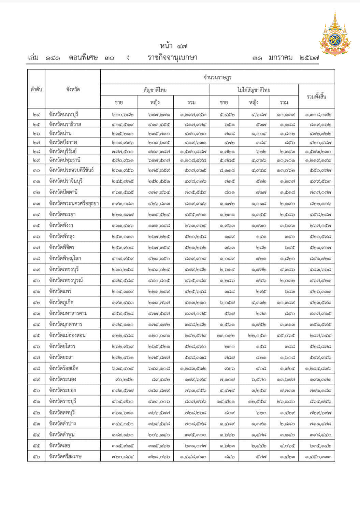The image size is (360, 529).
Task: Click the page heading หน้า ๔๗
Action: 173,46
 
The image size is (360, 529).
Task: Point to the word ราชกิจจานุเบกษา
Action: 173,58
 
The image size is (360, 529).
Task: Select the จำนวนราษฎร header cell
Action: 217,77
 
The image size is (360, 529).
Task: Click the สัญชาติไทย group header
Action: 155,90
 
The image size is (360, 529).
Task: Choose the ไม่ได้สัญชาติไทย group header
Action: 254,90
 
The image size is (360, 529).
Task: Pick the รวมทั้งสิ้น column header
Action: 316,97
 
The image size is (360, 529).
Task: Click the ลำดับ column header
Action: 37,89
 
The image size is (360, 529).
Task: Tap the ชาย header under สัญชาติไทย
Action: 119,102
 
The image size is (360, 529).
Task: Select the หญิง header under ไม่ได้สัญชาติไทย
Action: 254,102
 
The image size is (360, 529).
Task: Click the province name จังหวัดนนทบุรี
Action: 63,114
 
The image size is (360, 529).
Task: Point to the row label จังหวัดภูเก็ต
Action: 61,302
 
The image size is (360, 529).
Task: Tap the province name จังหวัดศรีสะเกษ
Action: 65,456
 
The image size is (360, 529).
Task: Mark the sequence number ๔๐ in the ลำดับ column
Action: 37,281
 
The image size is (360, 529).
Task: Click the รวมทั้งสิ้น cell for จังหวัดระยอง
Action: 316,391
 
